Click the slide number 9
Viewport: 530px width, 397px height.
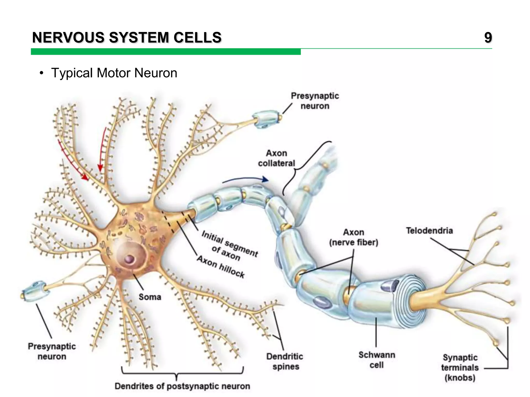[x=488, y=38]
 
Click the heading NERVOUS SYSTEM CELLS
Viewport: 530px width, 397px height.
[x=127, y=38]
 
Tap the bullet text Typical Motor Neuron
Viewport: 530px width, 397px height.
[x=114, y=73]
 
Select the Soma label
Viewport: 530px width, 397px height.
[x=150, y=297]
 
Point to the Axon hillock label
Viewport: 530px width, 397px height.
[x=221, y=266]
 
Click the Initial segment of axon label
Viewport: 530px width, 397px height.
[x=229, y=246]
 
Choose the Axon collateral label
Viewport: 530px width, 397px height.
[x=276, y=158]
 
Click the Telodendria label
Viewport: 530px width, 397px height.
[x=429, y=231]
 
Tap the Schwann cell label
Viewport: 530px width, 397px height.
[x=377, y=360]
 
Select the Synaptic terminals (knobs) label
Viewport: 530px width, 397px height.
[x=460, y=368]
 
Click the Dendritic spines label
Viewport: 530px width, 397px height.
[x=285, y=361]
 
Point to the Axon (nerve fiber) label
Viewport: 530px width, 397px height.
[x=354, y=237]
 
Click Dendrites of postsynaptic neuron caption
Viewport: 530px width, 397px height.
[x=182, y=386]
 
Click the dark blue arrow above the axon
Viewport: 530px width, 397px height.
[x=246, y=179]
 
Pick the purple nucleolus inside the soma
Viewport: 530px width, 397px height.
[x=129, y=259]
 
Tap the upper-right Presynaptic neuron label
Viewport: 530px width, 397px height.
[x=315, y=101]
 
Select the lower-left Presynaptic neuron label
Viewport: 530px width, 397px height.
[x=52, y=351]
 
